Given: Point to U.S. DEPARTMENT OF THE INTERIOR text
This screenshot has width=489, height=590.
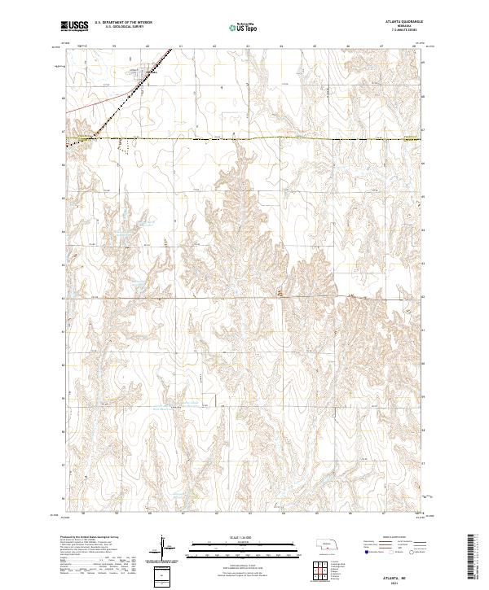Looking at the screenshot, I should coord(123,22).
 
